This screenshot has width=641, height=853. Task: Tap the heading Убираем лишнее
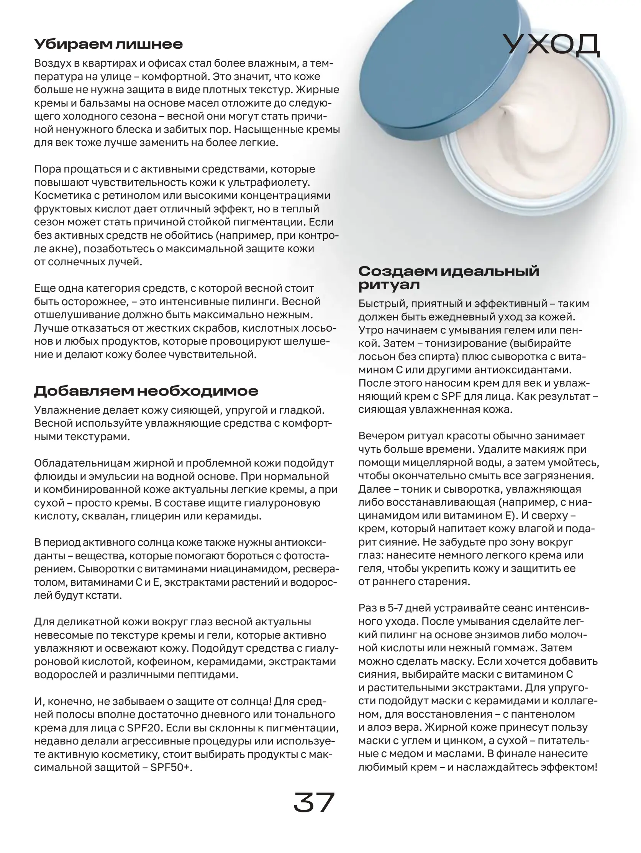pos(108,44)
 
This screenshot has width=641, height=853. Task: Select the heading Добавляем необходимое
pos(146,391)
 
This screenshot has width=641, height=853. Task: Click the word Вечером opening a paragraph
pos(381,436)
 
